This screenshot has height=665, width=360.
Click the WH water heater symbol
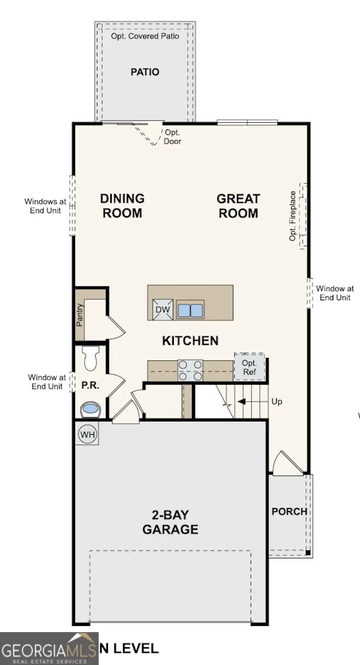click(87, 434)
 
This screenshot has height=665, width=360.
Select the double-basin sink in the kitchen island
click(190, 309)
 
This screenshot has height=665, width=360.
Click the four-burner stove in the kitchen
click(190, 370)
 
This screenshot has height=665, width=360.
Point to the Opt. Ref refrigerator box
click(249, 367)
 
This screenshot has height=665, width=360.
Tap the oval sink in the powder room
click(90, 409)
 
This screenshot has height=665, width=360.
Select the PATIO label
click(145, 72)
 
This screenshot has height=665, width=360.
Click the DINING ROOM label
click(122, 205)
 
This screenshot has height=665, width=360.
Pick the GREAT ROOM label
click(238, 206)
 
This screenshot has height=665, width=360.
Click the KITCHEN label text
click(190, 341)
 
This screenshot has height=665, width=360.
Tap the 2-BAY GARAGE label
click(170, 522)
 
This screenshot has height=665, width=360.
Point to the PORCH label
click(289, 512)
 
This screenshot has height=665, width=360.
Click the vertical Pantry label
click(80, 315)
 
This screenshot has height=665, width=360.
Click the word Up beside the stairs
click(277, 401)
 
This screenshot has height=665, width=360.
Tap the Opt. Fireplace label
click(293, 216)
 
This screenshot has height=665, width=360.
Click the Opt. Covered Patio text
click(145, 36)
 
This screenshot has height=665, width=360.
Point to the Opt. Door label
click(172, 137)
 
